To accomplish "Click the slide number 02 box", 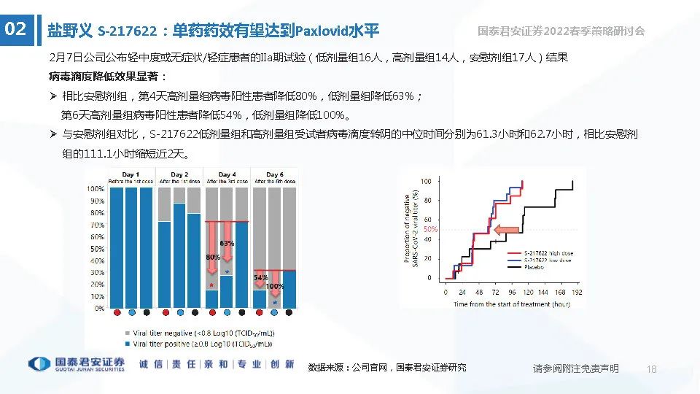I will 16,30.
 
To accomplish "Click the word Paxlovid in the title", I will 322,31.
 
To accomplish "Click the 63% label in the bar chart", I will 227,243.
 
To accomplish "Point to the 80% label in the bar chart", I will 212,258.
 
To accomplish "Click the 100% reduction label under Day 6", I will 275,286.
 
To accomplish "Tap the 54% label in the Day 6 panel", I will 261,278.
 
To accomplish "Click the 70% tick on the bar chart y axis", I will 96,225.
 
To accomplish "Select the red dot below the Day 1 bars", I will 117,312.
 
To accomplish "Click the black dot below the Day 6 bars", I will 289,312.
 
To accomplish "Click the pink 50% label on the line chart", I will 430,229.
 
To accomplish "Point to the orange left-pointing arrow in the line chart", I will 506,231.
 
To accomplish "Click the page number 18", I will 652,369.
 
